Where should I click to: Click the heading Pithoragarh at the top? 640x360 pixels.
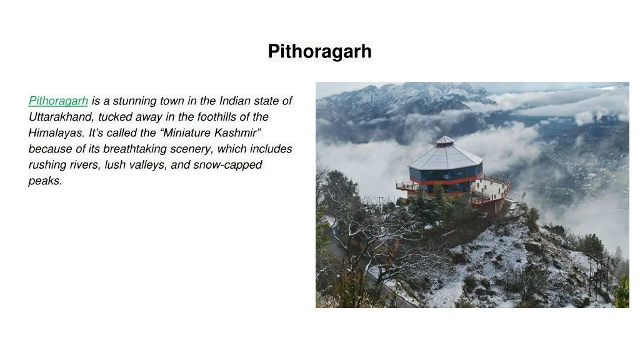319,51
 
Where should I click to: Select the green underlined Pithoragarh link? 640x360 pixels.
58,101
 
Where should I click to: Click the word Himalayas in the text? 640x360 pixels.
56,133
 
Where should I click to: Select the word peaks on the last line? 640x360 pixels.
45,181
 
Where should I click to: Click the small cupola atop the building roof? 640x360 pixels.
444,141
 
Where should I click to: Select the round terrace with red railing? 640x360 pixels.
491,191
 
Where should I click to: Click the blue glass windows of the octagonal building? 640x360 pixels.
446,174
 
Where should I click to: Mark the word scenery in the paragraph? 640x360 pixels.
191,149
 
